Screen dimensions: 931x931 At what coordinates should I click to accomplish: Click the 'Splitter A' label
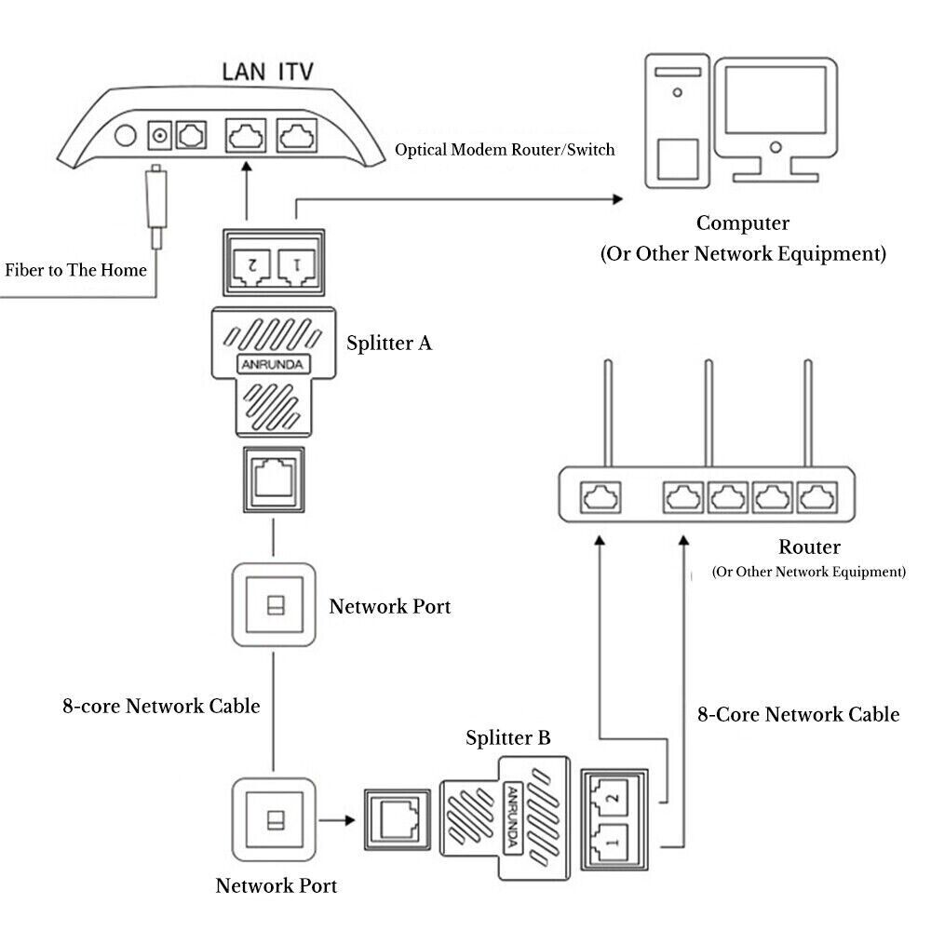click(389, 343)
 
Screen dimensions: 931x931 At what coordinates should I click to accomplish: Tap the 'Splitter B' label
click(508, 738)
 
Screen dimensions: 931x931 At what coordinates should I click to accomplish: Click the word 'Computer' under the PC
click(743, 223)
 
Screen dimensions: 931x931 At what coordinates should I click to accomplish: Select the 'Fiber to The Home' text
click(76, 270)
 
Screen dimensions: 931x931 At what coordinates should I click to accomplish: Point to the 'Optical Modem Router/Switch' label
click(505, 149)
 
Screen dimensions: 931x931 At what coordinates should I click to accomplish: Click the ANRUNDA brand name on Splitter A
click(272, 363)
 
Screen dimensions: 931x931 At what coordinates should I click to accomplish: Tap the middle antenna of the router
click(708, 414)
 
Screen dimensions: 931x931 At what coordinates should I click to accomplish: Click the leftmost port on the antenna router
click(598, 498)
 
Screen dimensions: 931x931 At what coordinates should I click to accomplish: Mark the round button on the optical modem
click(124, 138)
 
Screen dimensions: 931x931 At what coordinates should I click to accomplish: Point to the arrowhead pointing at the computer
click(616, 198)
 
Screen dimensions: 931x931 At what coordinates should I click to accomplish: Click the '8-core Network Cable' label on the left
click(161, 707)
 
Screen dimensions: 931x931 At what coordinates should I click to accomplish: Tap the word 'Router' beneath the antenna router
click(809, 547)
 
